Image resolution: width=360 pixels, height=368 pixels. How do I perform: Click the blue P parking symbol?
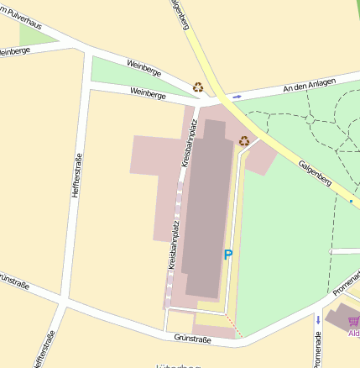pyautogui.click(x=227, y=255)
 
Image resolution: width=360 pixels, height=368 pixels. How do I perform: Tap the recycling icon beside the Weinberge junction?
pyautogui.click(x=198, y=87)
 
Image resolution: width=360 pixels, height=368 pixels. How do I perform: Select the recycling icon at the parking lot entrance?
pyautogui.click(x=243, y=141)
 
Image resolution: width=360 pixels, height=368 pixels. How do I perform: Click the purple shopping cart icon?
pyautogui.click(x=353, y=321)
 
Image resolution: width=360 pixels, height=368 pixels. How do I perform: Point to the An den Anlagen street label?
pyautogui.click(x=309, y=86)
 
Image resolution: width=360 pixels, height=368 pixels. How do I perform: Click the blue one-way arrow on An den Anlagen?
pyautogui.click(x=237, y=97)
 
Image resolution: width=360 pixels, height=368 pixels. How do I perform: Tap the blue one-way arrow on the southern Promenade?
pyautogui.click(x=318, y=319)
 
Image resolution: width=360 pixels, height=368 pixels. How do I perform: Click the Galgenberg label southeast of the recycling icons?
pyautogui.click(x=316, y=171)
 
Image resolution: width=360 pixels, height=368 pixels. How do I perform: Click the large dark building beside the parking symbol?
pyautogui.click(x=206, y=210)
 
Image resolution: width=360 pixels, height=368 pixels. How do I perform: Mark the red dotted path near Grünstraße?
pyautogui.click(x=234, y=329)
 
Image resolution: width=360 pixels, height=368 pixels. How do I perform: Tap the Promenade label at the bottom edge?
pyautogui.click(x=317, y=350)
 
